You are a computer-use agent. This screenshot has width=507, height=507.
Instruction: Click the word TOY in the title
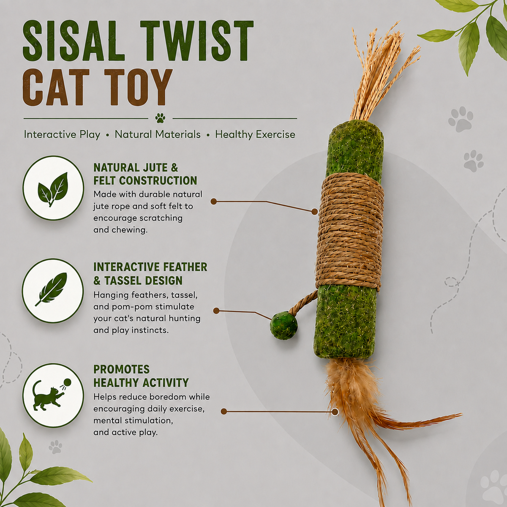138,87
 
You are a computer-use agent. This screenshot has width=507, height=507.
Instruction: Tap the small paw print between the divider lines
160,118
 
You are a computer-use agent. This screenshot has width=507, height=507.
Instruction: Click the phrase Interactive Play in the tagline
62,135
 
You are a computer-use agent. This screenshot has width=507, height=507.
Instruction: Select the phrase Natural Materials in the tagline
158,134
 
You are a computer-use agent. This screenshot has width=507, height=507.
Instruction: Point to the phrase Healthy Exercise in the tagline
255,135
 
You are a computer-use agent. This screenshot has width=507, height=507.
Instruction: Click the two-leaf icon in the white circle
53,189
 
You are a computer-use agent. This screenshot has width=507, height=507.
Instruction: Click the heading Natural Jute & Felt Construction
145,174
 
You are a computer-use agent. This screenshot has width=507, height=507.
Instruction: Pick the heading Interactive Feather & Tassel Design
150,274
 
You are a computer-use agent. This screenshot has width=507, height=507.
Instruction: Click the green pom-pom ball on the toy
284,325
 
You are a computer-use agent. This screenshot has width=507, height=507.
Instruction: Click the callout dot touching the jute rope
314,211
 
